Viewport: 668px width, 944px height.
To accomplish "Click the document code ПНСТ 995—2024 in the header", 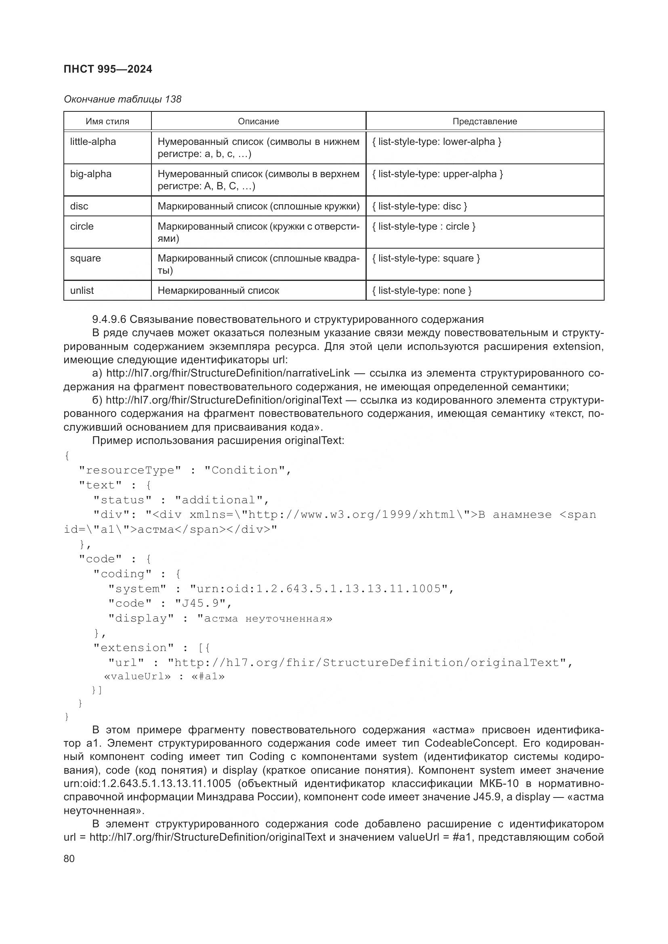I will click(108, 69).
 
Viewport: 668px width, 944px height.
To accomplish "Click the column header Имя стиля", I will click(107, 121).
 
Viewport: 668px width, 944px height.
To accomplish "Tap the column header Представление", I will click(485, 121).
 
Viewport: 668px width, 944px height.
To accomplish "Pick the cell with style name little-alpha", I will click(93, 142).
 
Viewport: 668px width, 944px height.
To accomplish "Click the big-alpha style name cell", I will click(90, 174).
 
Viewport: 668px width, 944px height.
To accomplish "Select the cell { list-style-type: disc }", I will click(419, 206).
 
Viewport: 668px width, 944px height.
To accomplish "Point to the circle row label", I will click(82, 226).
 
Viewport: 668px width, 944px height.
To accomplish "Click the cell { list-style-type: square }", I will click(426, 258).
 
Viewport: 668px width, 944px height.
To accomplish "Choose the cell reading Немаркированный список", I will click(218, 291).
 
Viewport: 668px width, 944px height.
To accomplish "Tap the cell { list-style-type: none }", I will click(422, 291).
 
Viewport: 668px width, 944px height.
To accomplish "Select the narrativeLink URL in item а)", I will click(228, 373).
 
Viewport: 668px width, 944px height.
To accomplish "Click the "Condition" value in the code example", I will click(244, 470).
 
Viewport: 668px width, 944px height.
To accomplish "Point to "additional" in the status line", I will click(218, 500).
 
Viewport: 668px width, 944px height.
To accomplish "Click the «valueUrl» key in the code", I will click(137, 676).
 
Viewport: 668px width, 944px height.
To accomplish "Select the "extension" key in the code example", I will click(134, 648).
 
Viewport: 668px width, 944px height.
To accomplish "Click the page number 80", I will click(69, 858).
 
